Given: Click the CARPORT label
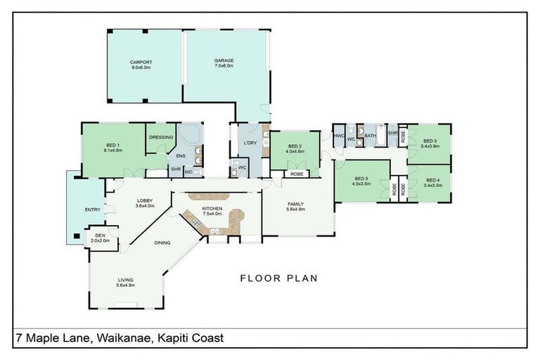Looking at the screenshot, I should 141,63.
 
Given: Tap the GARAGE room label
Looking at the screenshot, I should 224,61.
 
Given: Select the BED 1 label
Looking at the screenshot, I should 112,146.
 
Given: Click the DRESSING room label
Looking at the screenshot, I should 160,137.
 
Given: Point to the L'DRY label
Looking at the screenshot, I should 249,143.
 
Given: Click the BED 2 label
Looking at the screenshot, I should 294,146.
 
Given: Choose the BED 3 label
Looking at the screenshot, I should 430,141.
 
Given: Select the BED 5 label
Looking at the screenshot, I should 361,178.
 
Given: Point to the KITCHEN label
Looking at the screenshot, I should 212,209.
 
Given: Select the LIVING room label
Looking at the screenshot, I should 125,281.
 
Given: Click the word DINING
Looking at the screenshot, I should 162,243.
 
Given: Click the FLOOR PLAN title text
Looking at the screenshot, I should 279,278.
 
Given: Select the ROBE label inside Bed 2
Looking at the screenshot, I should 297,173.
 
